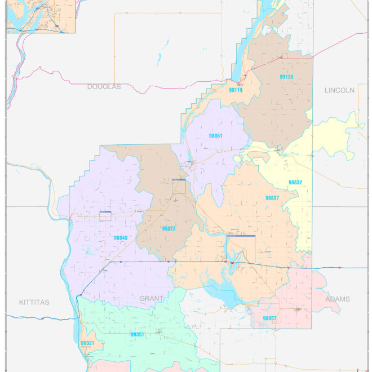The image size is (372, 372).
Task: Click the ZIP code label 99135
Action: pos(286,77)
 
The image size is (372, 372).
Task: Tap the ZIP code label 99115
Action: pos(236,90)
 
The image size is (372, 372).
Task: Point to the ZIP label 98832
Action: pos(295,183)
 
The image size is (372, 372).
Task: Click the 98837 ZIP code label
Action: pos(272,198)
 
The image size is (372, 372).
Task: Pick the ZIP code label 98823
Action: pos(169,228)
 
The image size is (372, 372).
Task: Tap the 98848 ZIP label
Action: pos(121,238)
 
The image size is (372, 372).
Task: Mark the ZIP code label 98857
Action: pos(269,318)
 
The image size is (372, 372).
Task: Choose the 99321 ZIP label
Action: pos(87,343)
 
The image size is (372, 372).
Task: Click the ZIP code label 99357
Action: pos(138,334)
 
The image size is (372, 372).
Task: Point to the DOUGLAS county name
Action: pos(104,87)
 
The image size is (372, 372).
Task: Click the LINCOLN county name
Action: pos(339,90)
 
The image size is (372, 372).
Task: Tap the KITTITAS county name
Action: pos(34,302)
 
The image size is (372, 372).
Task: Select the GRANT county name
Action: pos(151,298)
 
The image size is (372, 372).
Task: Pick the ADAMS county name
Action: pos(337,299)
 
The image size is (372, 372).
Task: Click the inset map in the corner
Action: pos(41,16)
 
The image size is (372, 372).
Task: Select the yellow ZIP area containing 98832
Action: pos(333,135)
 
